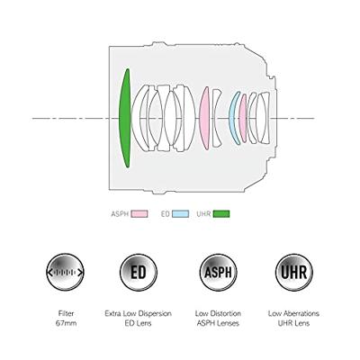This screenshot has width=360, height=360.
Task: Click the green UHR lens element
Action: click(x=124, y=118)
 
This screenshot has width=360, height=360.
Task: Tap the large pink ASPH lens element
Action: click(x=204, y=118)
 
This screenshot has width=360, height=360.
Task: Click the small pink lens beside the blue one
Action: click(x=243, y=118)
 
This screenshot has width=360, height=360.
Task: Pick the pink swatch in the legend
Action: click(x=139, y=214)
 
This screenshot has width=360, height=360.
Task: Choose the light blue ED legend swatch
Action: click(x=180, y=214)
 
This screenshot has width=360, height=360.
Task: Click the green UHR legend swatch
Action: click(x=221, y=214)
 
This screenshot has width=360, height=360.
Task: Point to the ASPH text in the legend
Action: click(x=120, y=214)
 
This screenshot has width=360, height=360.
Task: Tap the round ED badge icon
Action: click(x=139, y=273)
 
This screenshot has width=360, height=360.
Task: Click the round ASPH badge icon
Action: click(x=218, y=273)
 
